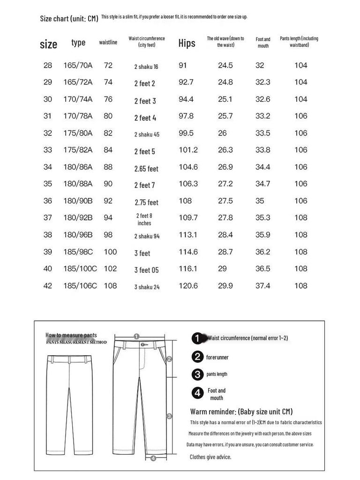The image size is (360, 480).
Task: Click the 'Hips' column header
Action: [x=187, y=44]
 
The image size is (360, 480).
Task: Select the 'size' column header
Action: [x=48, y=45]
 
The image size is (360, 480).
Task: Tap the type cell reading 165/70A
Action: [x=78, y=66]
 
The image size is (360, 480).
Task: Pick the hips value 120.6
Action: [x=188, y=285]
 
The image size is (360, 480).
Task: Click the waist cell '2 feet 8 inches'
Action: [x=144, y=219]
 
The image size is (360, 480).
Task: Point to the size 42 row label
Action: [x=48, y=285]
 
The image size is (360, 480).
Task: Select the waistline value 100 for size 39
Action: [x=110, y=252]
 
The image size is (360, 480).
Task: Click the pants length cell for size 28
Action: [x=300, y=66]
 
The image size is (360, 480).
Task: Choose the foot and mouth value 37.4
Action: [x=262, y=285]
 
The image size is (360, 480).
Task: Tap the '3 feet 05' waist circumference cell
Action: [x=146, y=270]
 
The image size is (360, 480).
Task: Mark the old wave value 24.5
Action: [x=225, y=66]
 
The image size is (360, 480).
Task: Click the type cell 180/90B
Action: [x=78, y=201]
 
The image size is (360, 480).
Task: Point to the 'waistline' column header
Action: [x=108, y=43]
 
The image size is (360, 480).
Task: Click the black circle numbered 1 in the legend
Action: [x=198, y=338]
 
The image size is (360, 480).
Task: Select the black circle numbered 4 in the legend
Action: [x=198, y=393]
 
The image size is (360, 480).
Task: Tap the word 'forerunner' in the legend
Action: [x=217, y=357]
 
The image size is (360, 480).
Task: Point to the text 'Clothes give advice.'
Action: [x=210, y=457]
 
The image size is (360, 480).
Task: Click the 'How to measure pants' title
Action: [x=71, y=335]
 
